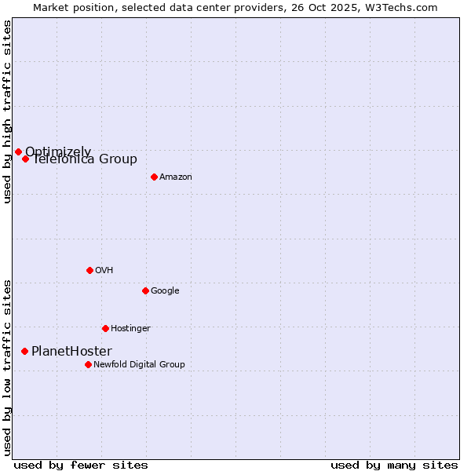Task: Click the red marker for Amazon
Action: point(154,177)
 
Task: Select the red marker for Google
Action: point(145,290)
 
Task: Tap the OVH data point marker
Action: point(89,270)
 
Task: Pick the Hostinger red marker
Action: point(105,328)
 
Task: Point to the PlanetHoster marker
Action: point(24,351)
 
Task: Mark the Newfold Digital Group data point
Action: point(88,364)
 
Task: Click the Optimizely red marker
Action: point(18,152)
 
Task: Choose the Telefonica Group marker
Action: point(25,159)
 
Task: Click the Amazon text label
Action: point(175,177)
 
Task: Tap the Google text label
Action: point(165,291)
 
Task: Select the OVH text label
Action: point(104,271)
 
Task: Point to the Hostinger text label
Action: point(130,329)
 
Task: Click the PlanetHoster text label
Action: point(71,352)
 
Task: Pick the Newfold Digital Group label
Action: point(139,365)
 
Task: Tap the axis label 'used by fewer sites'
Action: point(81,465)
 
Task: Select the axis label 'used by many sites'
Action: point(394,465)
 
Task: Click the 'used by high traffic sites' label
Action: point(7,111)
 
